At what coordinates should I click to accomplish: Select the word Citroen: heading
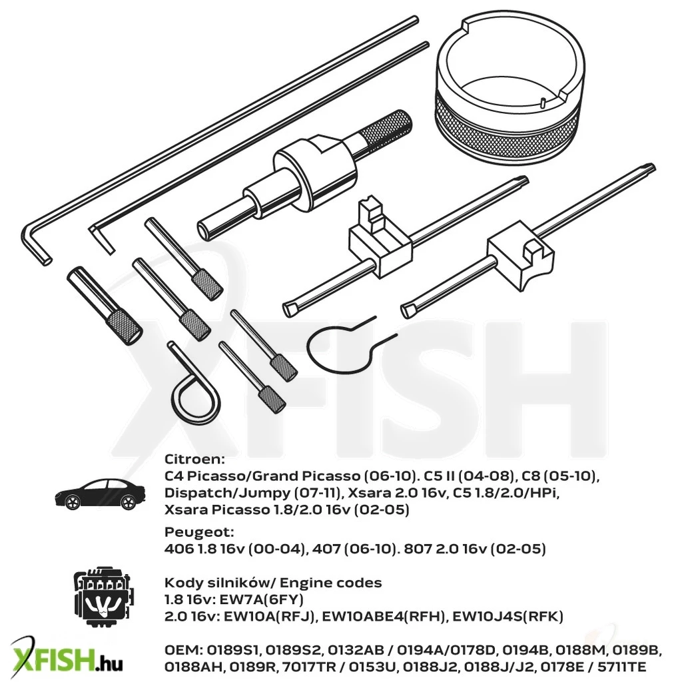pyautogui.click(x=194, y=459)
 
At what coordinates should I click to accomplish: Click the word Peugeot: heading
pyautogui.click(x=199, y=532)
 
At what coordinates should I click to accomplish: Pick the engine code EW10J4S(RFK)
pyautogui.click(x=508, y=616)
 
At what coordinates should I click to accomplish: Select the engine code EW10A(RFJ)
pyautogui.click(x=269, y=616)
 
